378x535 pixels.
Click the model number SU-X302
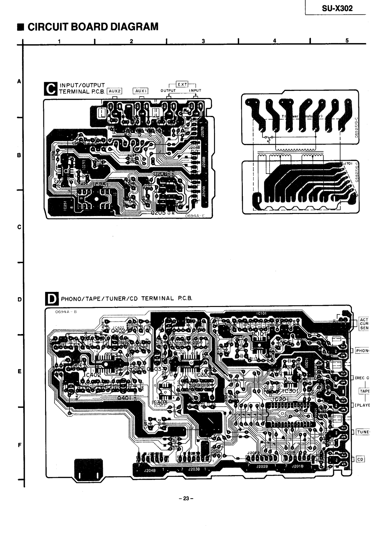click(337, 9)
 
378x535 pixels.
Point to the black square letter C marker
click(50, 89)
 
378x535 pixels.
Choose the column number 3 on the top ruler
click(203, 41)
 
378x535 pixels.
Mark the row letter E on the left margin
click(19, 371)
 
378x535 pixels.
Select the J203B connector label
click(193, 470)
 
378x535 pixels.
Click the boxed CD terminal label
click(360, 459)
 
